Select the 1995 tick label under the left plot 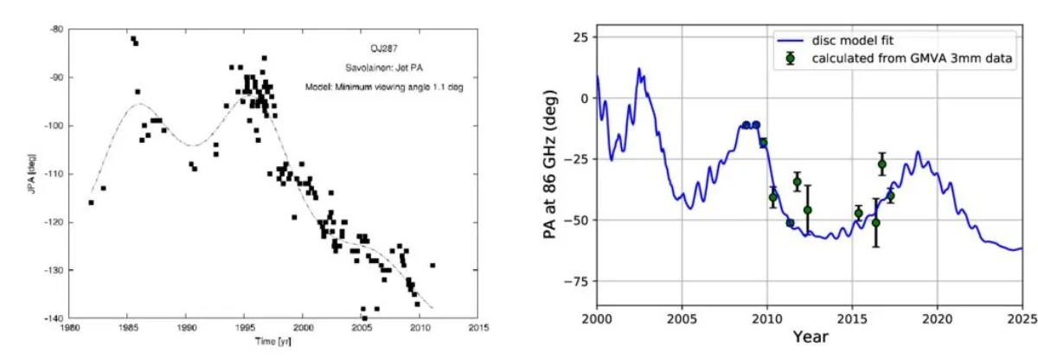(x=245, y=329)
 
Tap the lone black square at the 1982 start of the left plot (x=91, y=202)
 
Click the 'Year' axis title (x=810, y=337)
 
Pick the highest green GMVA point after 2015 (x=881, y=164)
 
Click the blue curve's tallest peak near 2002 (x=639, y=68)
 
